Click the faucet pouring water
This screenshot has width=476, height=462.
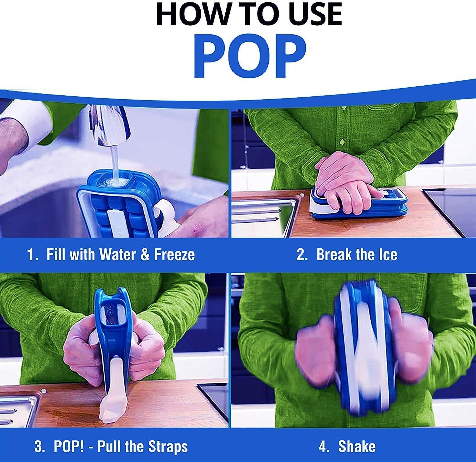pyautogui.click(x=109, y=125)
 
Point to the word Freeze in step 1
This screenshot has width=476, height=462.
pyautogui.click(x=175, y=255)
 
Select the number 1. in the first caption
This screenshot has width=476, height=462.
pyautogui.click(x=33, y=255)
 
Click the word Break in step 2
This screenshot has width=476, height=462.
pyautogui.click(x=333, y=255)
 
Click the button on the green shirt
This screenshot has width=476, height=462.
pyautogui.click(x=342, y=142)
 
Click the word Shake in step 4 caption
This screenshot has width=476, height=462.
pyautogui.click(x=357, y=447)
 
